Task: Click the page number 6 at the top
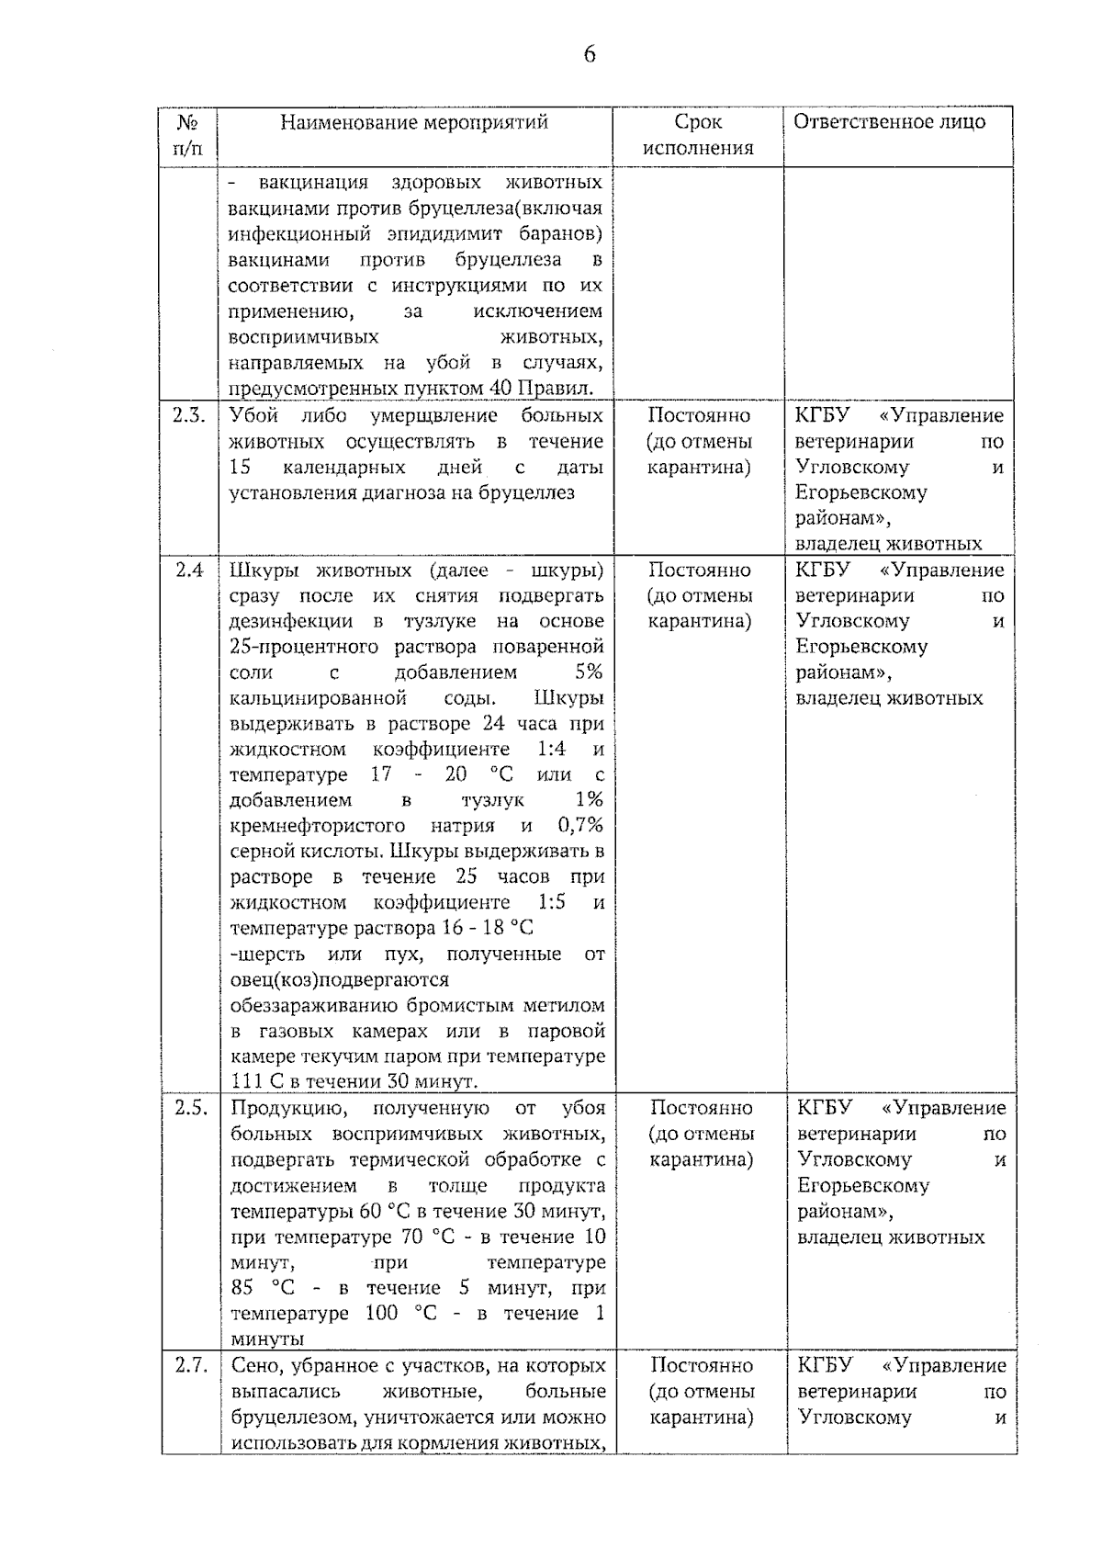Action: [589, 55]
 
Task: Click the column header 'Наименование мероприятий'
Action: [414, 122]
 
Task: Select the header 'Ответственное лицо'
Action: [889, 122]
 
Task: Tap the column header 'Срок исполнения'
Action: [698, 135]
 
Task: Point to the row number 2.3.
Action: [188, 415]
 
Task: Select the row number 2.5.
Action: [190, 1108]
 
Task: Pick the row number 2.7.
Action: [190, 1365]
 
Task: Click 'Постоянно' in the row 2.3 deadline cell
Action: [699, 415]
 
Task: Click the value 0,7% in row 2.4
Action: [579, 825]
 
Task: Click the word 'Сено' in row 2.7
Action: [256, 1365]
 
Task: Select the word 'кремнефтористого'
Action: [317, 825]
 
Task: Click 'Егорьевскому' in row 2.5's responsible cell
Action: [863, 1185]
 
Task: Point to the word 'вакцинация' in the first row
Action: [313, 182]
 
